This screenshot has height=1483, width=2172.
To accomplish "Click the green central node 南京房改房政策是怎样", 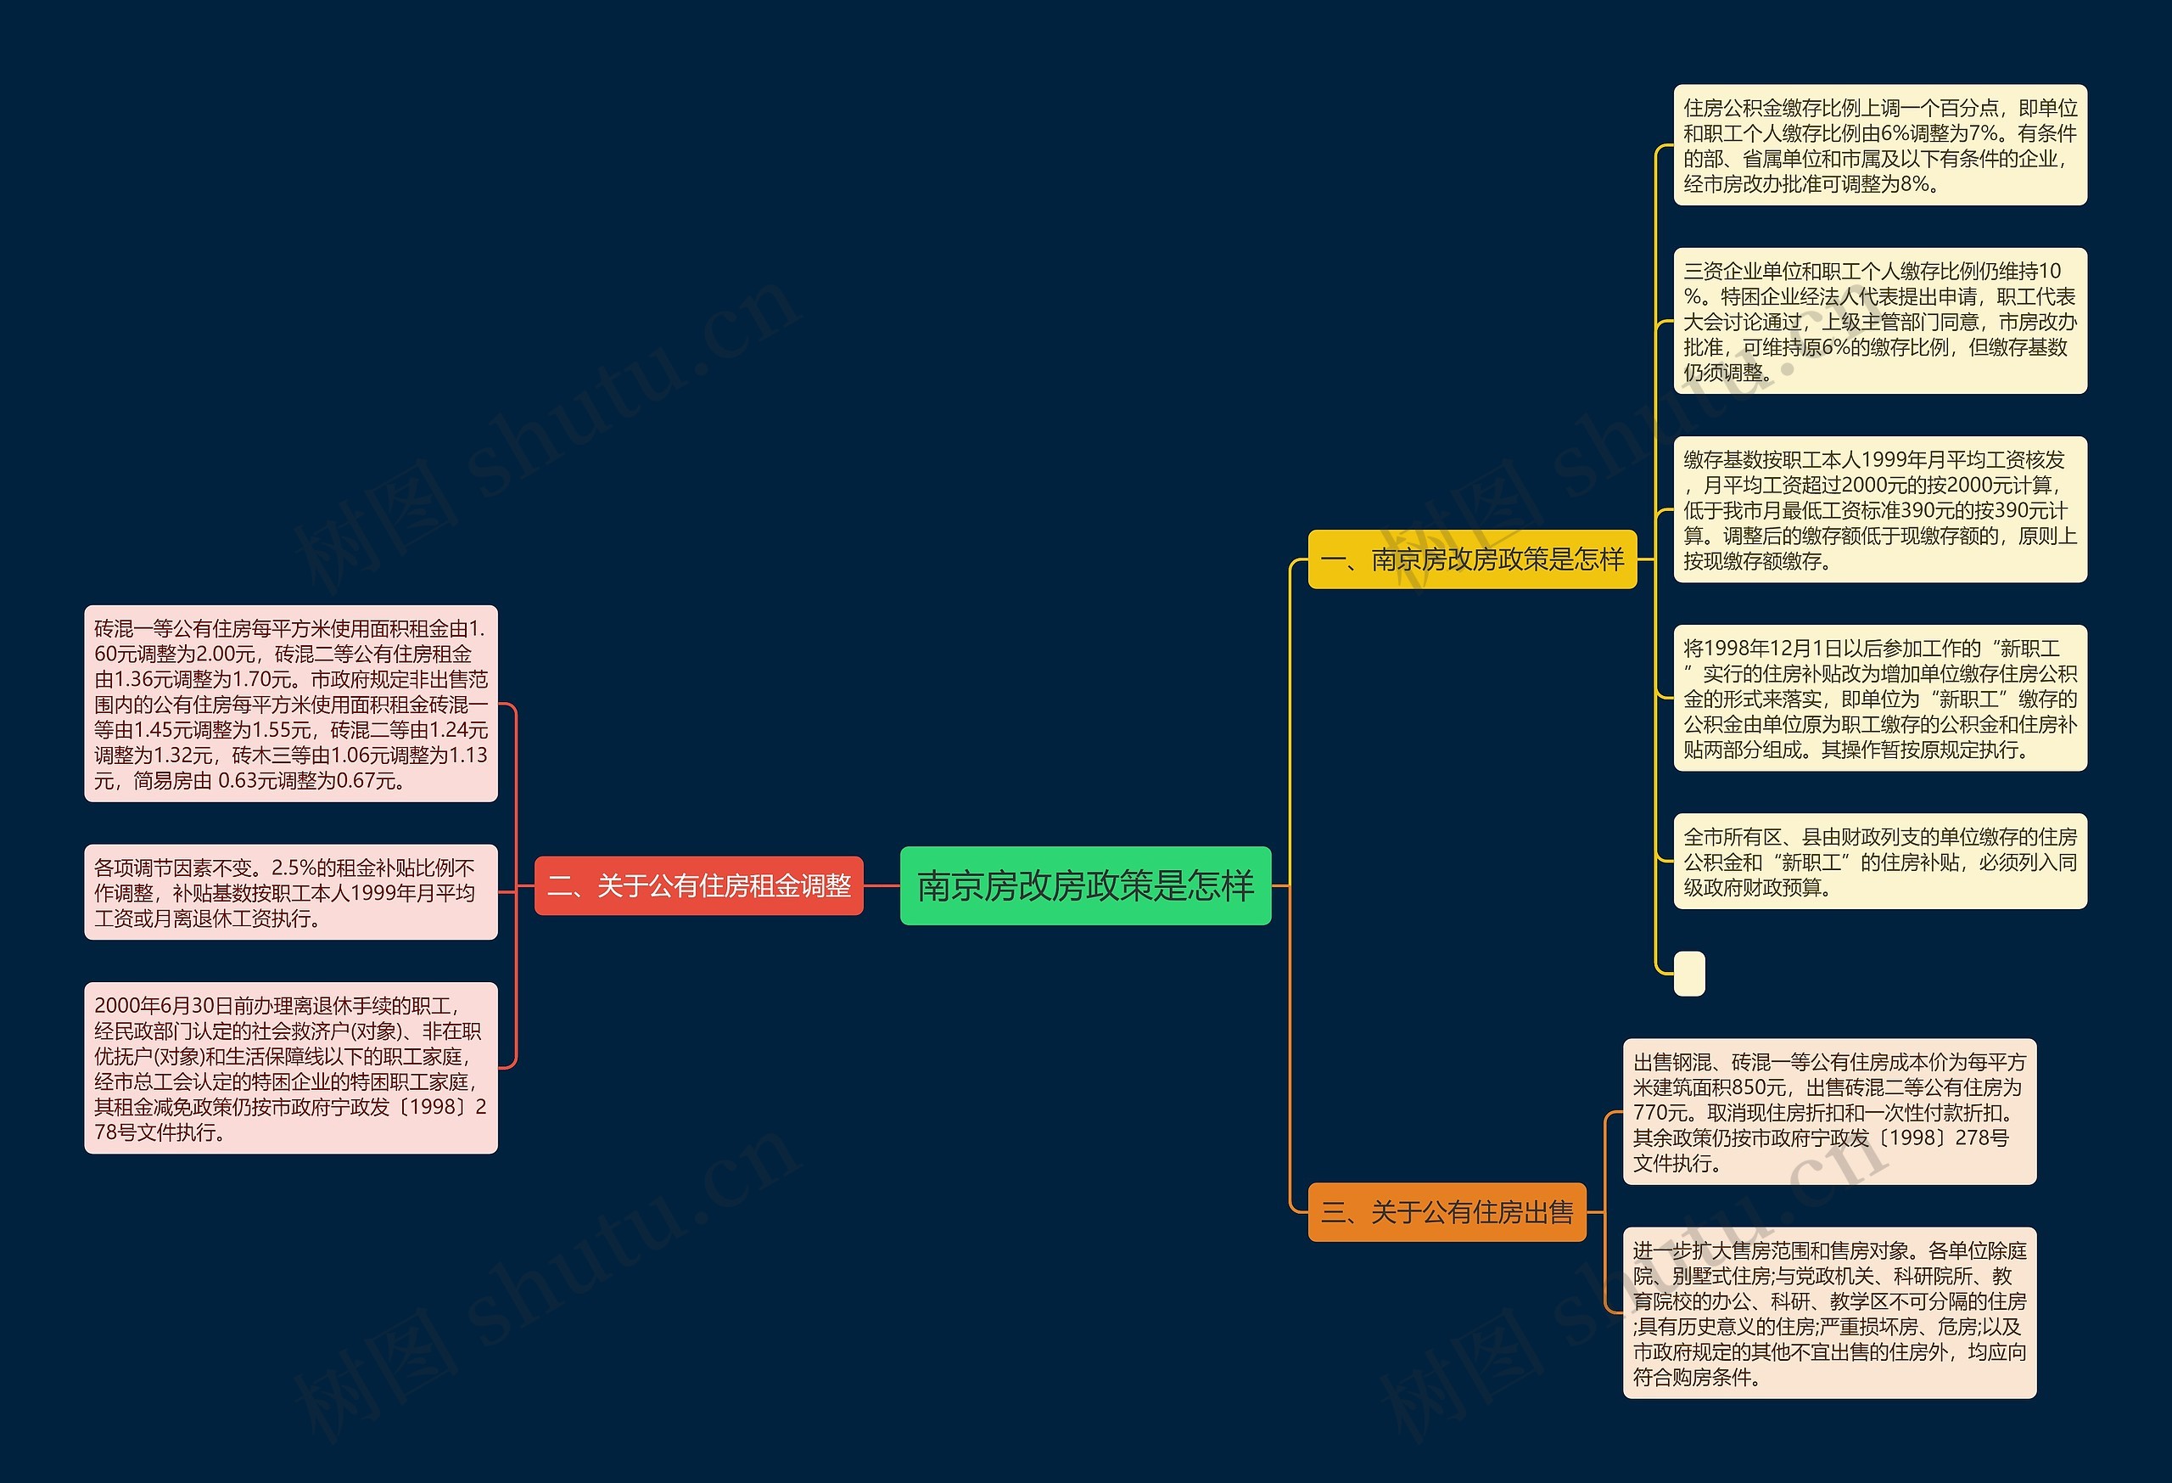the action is pos(1085,885).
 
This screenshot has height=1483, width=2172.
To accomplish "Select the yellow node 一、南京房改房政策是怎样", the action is pos(1472,559).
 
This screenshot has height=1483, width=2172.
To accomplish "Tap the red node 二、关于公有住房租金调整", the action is pos(698,885).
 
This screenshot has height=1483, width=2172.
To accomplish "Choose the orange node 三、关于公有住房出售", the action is pos(1447,1212).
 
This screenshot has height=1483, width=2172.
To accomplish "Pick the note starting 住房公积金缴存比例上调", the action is pos(1879,145).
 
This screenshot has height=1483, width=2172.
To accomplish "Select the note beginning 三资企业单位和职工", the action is pos(1879,321).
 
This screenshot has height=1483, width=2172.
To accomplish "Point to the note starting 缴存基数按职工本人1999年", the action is pos(1879,509).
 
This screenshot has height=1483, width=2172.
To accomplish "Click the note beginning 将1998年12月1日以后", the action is pos(1879,699).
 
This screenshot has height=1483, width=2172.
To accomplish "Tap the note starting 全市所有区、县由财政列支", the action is pos(1879,861).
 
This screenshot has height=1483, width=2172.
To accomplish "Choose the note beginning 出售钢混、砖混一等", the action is pos(1829,1112).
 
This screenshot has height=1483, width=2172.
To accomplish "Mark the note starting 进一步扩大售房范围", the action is pos(1829,1313).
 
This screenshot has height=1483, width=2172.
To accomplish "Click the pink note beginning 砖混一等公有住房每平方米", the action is pos(291,703).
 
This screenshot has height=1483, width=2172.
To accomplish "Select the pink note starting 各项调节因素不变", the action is pos(291,892).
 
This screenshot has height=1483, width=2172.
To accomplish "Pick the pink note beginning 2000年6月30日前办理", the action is pos(291,1068).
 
